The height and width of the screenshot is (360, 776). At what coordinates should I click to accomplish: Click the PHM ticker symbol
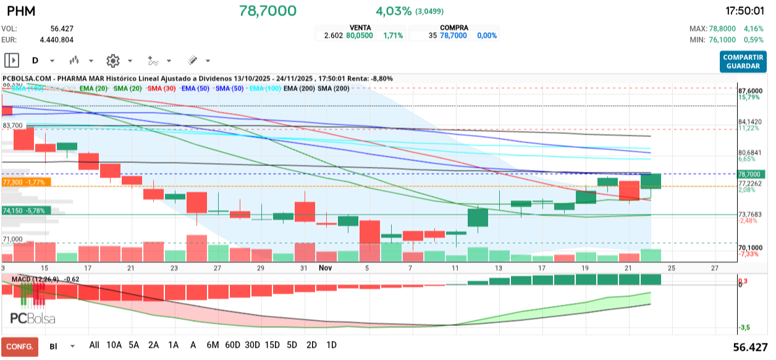21,12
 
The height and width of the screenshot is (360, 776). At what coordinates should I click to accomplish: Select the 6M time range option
213,345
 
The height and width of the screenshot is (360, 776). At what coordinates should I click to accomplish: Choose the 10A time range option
114,345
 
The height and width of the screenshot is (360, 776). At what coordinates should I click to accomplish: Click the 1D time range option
331,345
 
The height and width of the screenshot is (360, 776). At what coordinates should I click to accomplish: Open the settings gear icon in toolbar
112,61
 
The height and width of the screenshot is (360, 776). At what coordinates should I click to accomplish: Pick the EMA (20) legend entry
94,89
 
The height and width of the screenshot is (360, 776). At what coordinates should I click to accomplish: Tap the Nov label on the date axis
326,268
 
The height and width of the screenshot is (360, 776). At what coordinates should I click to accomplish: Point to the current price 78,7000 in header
268,11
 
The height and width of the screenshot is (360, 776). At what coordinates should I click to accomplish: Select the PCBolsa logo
32,319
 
